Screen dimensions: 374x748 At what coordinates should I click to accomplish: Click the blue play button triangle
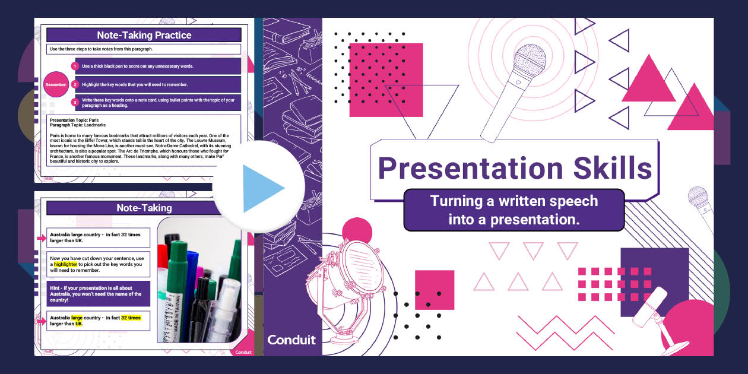tap(261, 188)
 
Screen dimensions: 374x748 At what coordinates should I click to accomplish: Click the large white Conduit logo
tap(291, 340)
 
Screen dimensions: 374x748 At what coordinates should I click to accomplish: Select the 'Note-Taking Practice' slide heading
tap(144, 35)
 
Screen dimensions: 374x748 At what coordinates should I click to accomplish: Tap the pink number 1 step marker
tap(75, 66)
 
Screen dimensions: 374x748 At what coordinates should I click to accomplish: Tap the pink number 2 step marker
tap(75, 84)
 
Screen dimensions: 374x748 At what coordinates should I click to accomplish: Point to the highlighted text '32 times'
tap(131, 318)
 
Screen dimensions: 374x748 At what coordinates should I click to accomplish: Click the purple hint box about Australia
tap(98, 293)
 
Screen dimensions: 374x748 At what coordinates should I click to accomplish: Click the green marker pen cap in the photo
tap(177, 261)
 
